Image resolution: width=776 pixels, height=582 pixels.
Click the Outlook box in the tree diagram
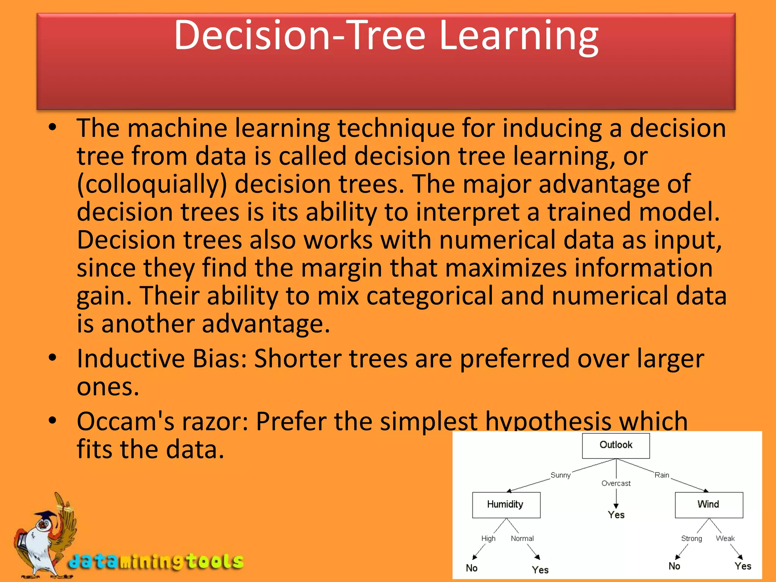616,445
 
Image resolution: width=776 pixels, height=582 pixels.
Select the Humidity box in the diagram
506,505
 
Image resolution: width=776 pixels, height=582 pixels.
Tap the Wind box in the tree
709,505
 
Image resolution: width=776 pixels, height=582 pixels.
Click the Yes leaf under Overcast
616,515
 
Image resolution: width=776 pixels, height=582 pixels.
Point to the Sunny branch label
560,475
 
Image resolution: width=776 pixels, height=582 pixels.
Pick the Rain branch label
662,475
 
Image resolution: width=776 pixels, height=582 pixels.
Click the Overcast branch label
616,483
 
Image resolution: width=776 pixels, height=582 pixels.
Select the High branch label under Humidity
488,538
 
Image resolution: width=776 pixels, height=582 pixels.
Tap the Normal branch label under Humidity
522,538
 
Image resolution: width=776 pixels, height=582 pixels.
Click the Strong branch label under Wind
692,538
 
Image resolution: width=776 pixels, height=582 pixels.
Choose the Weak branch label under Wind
725,538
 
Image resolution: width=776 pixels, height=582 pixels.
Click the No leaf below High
472,568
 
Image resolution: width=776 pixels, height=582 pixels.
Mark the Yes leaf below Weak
743,566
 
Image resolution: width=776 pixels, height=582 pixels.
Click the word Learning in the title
519,36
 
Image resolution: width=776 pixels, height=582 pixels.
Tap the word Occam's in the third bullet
125,421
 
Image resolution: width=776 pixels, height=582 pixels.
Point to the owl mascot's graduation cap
45,516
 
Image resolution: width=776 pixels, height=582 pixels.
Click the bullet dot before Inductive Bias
53,357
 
